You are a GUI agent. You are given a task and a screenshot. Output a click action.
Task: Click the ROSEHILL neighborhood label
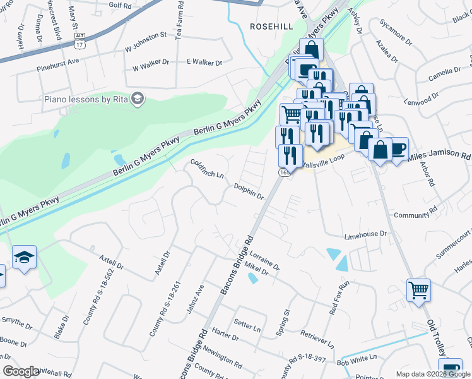click(272, 26)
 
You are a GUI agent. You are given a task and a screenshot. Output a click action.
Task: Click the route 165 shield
click(285, 172)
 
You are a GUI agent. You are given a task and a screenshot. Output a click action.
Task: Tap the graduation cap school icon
click(24, 256)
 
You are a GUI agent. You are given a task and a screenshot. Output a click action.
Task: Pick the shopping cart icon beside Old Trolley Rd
click(418, 291)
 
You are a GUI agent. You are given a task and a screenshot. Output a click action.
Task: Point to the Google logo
click(21, 371)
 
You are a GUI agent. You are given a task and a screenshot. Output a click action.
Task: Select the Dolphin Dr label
click(249, 191)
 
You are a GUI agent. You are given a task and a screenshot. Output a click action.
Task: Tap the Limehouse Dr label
click(365, 234)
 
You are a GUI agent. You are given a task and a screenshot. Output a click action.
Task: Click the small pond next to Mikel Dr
click(253, 278)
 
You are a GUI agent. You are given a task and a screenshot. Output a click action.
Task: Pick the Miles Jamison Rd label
click(439, 155)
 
